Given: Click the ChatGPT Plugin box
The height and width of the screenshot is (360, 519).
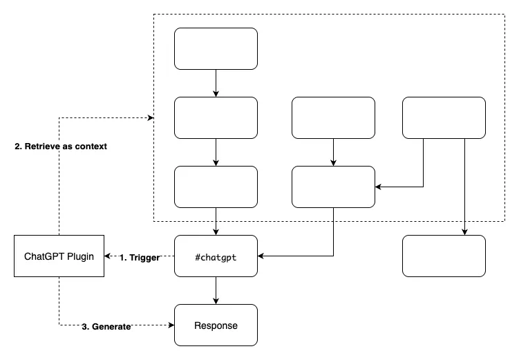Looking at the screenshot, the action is click(59, 256).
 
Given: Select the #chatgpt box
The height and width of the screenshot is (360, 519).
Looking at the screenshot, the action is click(216, 256).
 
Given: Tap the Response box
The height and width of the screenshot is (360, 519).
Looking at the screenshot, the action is click(216, 325).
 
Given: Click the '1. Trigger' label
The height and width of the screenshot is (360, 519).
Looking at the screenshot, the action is click(140, 258).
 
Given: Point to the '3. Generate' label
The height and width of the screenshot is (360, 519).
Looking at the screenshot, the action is click(106, 327).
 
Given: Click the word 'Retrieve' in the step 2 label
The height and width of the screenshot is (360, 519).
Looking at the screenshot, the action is click(42, 146).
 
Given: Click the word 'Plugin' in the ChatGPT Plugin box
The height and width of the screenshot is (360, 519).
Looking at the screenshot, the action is click(80, 256).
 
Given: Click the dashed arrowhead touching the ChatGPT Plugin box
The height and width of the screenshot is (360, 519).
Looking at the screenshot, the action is click(108, 256).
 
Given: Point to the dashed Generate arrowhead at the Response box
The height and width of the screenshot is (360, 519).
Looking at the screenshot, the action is click(171, 325).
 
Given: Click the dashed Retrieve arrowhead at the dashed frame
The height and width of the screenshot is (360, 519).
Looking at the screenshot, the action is click(150, 117).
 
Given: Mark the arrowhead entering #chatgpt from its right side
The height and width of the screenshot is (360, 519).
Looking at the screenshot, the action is click(261, 256).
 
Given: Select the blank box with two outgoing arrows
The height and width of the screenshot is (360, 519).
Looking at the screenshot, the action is click(444, 117).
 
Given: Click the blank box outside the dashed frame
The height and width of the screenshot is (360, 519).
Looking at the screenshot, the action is click(444, 256).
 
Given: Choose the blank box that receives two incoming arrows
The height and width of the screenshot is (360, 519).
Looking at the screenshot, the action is click(333, 187).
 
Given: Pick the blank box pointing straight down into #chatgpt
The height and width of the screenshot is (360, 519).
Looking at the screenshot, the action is click(216, 187).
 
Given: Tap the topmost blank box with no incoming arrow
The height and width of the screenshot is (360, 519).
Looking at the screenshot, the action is click(216, 48).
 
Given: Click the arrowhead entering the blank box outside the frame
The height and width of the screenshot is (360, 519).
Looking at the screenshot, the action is click(464, 232).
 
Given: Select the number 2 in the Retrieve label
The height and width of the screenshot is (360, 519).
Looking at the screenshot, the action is click(18, 146).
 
